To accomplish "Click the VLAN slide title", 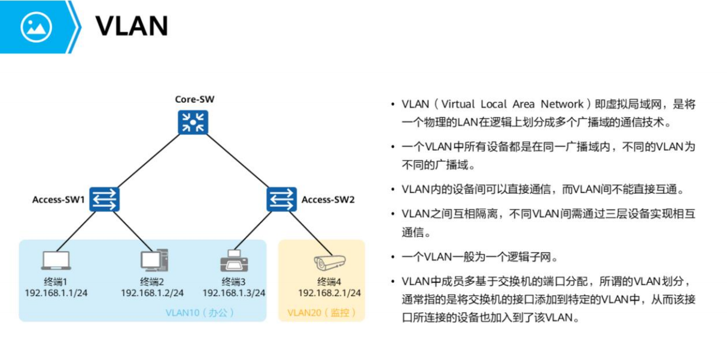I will [x=132, y=26].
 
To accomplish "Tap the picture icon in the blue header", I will [x=36, y=27].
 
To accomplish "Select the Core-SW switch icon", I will [x=193, y=122].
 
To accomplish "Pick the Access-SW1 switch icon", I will [x=105, y=199].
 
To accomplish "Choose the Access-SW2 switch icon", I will [x=281, y=199].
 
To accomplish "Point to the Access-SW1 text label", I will [x=59, y=200].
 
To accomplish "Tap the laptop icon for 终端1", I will [x=56, y=261].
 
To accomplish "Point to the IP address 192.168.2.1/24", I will [x=330, y=293].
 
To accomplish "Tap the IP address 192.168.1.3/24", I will [x=234, y=293].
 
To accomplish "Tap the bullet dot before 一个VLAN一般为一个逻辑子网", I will [x=392, y=258].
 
